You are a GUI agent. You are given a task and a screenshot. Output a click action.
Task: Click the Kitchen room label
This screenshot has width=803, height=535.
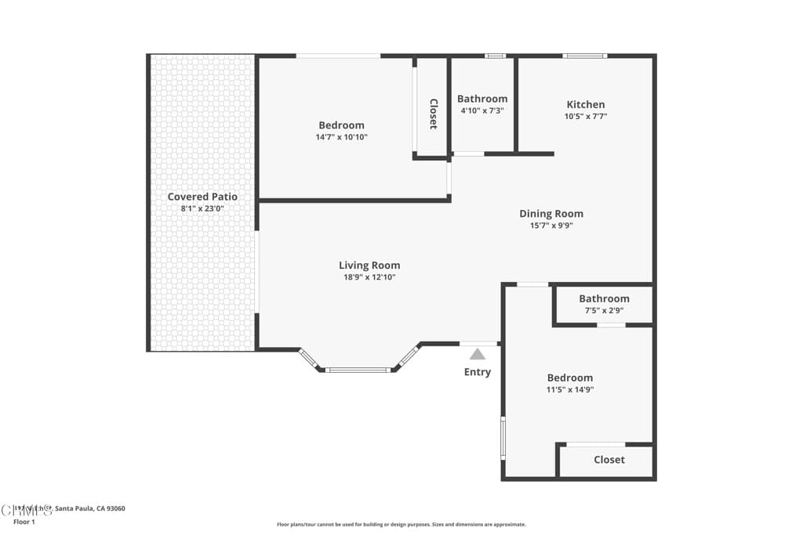pyautogui.click(x=586, y=104)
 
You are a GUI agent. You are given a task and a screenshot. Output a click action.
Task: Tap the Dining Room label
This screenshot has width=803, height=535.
pyautogui.click(x=551, y=214)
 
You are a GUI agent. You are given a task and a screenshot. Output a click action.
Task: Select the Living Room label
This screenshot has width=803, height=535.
pyautogui.click(x=369, y=266)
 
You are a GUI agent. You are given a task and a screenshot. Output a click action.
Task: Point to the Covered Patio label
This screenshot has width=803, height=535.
pyautogui.click(x=202, y=197)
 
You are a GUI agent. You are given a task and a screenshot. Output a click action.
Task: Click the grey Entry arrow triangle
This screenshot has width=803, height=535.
pyautogui.click(x=478, y=354)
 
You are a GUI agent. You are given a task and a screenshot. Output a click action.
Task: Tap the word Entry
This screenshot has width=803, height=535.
pyautogui.click(x=478, y=372)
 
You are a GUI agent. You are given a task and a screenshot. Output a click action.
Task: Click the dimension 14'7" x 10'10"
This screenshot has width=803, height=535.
pyautogui.click(x=341, y=137)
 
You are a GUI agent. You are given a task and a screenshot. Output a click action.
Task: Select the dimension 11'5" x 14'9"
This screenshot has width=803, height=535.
pyautogui.click(x=570, y=389)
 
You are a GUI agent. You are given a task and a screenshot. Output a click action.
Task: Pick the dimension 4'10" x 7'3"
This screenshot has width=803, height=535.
pyautogui.click(x=482, y=110)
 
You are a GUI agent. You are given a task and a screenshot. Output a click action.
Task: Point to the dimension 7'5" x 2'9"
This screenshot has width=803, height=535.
pyautogui.click(x=604, y=310)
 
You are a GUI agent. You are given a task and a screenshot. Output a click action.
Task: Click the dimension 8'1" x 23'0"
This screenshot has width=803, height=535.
pyautogui.click(x=202, y=208)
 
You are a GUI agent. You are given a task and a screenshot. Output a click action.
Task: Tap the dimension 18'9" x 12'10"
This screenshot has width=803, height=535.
pyautogui.click(x=369, y=277)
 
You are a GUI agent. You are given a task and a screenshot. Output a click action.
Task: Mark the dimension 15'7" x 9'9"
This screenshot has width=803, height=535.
pyautogui.click(x=551, y=226)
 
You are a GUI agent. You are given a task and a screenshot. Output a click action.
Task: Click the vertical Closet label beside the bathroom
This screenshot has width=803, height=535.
pyautogui.click(x=433, y=114)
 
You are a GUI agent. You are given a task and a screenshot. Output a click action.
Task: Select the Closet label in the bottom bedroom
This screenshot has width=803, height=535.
pyautogui.click(x=609, y=460)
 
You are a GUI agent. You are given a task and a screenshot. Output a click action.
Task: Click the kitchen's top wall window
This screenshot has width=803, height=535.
pyautogui.click(x=585, y=56)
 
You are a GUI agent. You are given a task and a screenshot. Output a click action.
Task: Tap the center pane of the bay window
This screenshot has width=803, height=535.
pyautogui.click(x=358, y=370)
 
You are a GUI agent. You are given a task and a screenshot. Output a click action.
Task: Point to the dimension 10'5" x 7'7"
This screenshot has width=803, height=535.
pyautogui.click(x=586, y=116)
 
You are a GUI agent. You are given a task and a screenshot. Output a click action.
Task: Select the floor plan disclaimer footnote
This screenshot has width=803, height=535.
pyautogui.click(x=401, y=525)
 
